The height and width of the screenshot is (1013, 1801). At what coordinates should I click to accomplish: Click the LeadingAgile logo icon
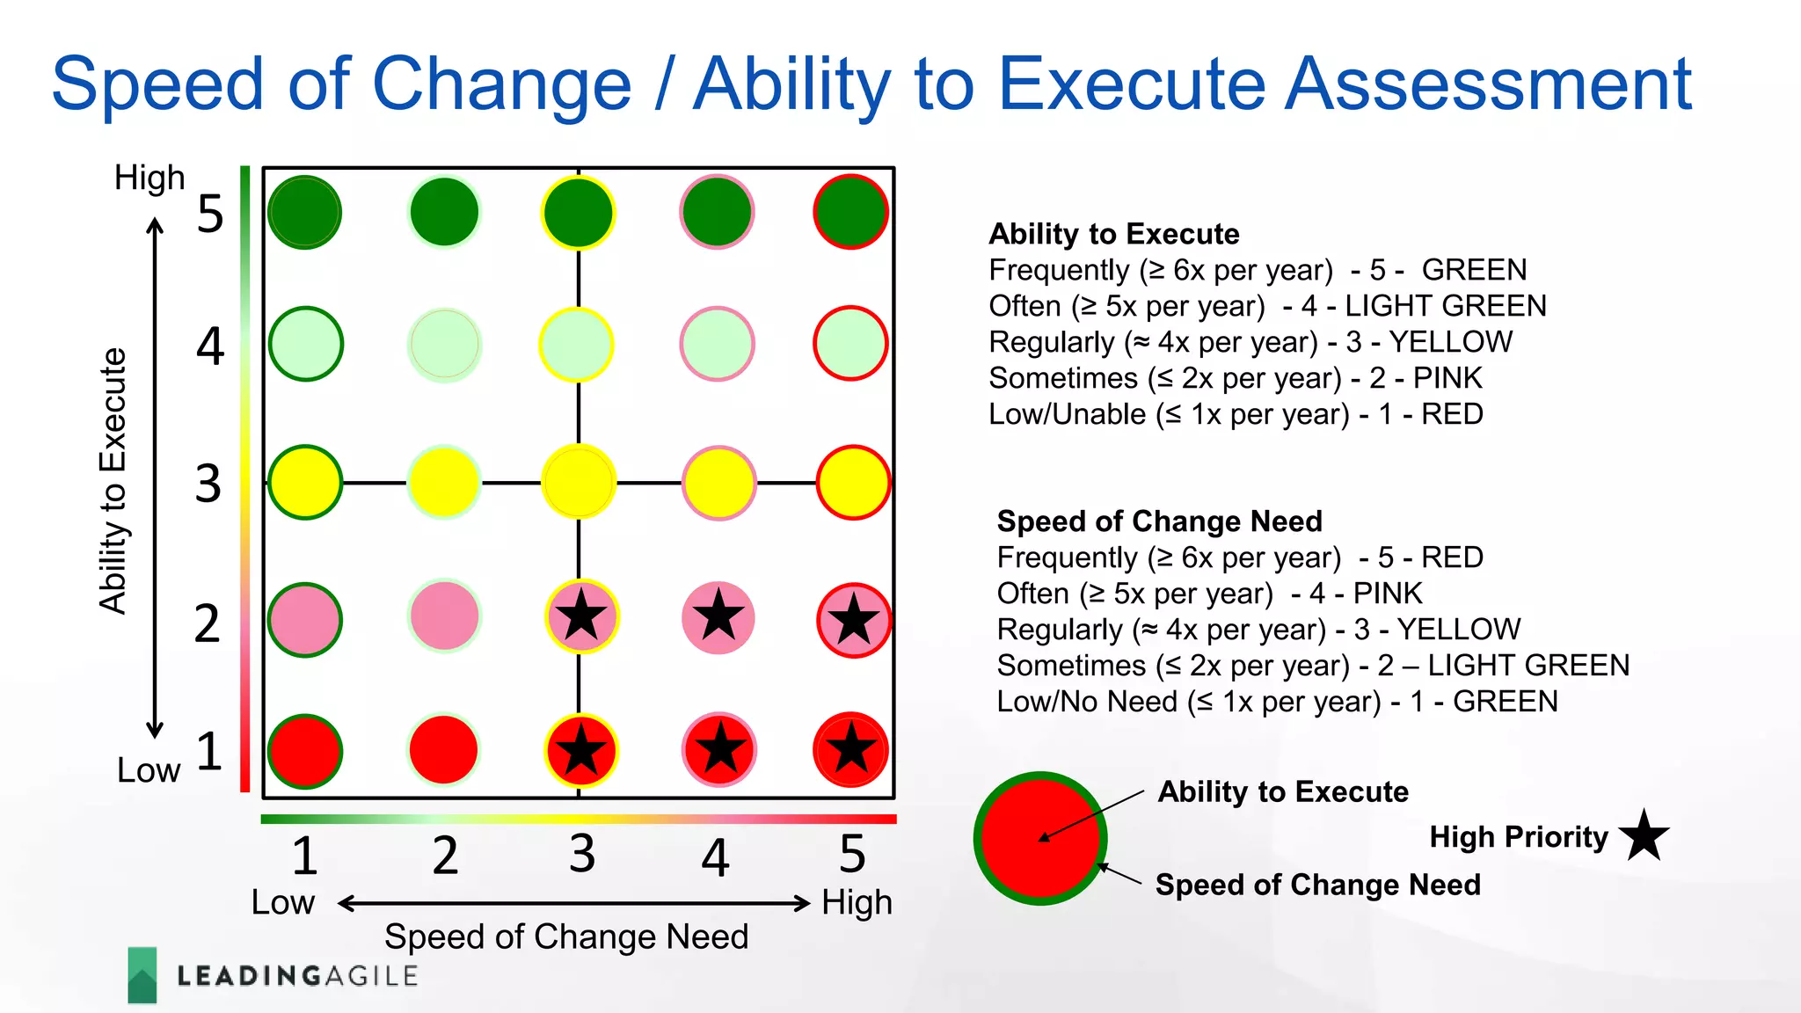[x=142, y=974]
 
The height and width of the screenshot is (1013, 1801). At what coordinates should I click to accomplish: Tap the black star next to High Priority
[x=1643, y=835]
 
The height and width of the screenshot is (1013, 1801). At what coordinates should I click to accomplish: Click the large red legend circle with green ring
[x=1040, y=838]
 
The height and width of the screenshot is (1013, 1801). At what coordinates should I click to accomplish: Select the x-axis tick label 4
[x=715, y=856]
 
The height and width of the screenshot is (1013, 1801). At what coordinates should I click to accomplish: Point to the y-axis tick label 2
[x=208, y=623]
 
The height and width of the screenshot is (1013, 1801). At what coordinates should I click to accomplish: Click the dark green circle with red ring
[x=849, y=212]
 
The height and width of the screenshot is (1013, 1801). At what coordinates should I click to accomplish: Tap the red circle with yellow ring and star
[x=580, y=751]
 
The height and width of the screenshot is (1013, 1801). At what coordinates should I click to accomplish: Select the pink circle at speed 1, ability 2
[x=304, y=620]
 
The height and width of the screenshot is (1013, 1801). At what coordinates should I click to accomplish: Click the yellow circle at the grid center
[x=578, y=482]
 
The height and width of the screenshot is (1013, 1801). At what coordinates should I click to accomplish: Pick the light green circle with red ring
[x=849, y=343]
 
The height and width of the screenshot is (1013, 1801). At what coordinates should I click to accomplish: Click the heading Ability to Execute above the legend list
[x=1113, y=234]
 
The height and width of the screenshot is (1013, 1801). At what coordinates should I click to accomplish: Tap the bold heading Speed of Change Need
[x=1159, y=521]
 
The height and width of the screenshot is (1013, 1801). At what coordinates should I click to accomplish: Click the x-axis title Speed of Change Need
[x=565, y=936]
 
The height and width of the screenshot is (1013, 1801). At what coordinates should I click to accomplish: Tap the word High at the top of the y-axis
[x=149, y=178]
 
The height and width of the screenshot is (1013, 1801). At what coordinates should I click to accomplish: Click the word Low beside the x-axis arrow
[x=282, y=902]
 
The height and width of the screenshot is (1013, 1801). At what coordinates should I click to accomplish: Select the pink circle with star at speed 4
[x=718, y=617]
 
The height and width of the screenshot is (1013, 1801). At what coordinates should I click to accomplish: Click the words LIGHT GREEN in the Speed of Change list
[x=1528, y=666]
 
